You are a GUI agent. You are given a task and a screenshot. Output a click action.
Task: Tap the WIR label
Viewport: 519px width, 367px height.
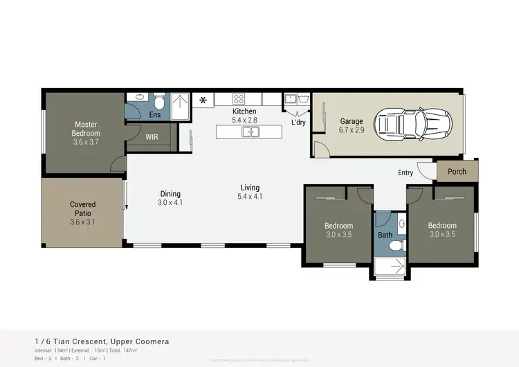[152, 137]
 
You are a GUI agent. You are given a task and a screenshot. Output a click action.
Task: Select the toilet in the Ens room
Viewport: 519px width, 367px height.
[158, 101]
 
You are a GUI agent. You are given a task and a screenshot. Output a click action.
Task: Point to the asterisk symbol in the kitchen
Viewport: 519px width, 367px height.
[203, 100]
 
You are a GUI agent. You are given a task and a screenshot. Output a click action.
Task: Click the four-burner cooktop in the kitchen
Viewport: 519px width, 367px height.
[239, 99]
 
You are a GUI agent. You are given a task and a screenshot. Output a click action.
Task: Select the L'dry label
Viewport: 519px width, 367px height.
[298, 123]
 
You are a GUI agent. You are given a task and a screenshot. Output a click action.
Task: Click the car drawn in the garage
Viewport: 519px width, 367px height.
[412, 124]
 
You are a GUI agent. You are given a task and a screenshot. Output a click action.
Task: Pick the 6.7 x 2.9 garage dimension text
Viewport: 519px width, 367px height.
[352, 130]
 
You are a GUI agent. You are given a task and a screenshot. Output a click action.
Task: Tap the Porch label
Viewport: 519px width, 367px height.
[457, 172]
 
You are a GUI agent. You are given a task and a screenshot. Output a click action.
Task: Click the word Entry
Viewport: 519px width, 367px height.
[406, 172]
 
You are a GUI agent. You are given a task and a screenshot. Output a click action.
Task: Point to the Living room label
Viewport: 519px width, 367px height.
[250, 188]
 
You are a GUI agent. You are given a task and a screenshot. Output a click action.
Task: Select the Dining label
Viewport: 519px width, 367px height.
[170, 194]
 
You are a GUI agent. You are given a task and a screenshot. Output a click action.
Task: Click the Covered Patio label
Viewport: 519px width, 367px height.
[83, 208]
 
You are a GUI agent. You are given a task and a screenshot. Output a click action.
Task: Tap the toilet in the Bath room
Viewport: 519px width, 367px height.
[402, 225]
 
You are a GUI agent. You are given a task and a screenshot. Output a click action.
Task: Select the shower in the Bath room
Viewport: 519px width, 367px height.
[389, 266]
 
